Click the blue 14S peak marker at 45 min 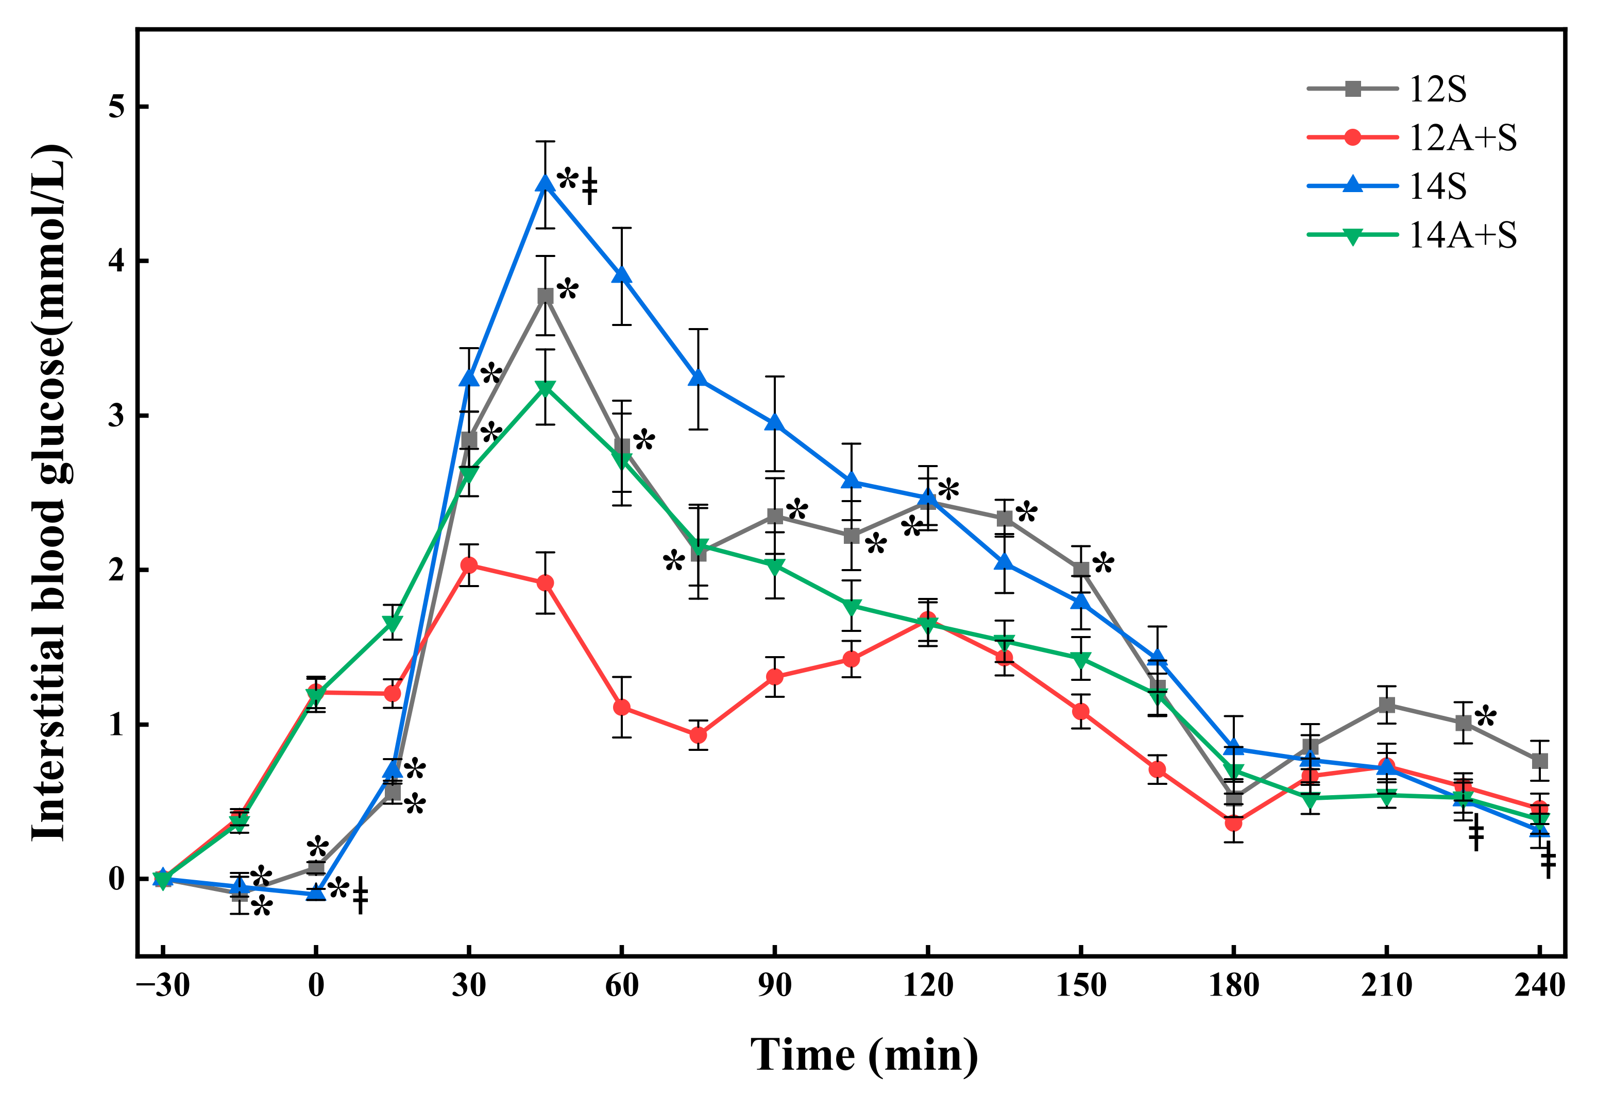tap(546, 183)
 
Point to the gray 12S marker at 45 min tap(546, 297)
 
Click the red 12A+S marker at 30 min tap(469, 565)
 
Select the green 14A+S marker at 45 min tap(546, 389)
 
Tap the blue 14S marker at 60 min tap(622, 275)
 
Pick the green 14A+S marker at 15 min tap(392, 623)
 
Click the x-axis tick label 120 tap(927, 985)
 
